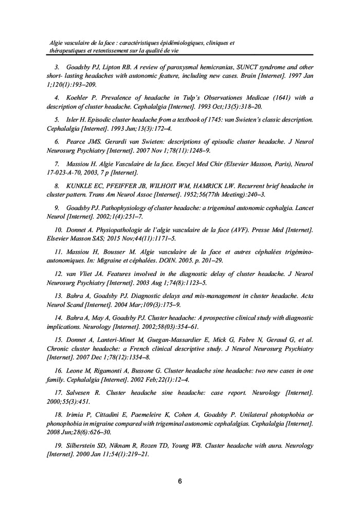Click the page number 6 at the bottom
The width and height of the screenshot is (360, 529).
pyautogui.click(x=179, y=482)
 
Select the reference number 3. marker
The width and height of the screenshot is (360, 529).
pyautogui.click(x=57, y=67)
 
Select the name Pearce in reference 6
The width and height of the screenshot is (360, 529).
pyautogui.click(x=76, y=141)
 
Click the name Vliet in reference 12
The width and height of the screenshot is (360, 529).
pyautogui.click(x=86, y=282)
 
